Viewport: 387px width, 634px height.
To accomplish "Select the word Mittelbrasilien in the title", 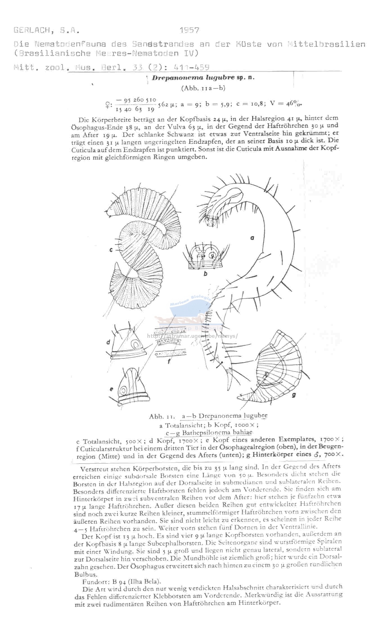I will [327, 44].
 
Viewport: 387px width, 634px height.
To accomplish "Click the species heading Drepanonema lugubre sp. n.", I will [203, 78].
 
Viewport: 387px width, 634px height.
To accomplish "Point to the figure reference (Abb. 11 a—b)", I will [203, 88].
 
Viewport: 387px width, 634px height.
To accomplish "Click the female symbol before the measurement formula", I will [107, 105].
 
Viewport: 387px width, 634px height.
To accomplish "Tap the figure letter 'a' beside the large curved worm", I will [252, 238].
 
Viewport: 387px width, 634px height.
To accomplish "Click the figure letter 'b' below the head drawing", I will [205, 273].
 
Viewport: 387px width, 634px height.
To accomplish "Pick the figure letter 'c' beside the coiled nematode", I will [111, 249].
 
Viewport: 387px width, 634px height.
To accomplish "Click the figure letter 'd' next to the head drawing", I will [108, 343].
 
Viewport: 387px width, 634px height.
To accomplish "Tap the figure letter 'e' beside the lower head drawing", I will [112, 389].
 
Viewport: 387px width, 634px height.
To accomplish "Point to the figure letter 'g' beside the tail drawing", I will [294, 395].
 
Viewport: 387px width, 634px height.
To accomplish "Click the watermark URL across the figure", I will [193, 336].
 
